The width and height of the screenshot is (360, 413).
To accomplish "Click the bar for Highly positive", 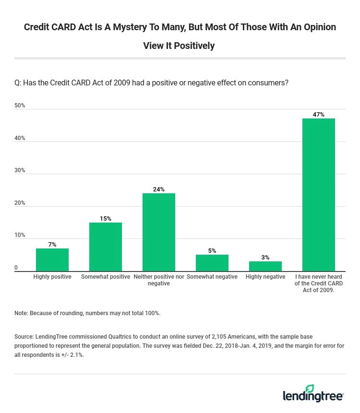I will point(52,260).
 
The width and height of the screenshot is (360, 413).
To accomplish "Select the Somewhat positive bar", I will point(106,247).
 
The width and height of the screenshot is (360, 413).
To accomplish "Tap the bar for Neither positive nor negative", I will point(159,232).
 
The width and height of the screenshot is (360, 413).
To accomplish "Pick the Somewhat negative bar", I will point(212,263).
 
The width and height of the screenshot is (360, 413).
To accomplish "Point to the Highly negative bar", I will point(265,266).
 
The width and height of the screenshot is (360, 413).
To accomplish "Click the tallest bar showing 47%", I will point(319,195).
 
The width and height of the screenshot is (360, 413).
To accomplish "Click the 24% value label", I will point(159,189).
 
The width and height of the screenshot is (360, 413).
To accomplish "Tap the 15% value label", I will point(106,219).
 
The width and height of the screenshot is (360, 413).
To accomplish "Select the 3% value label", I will point(265,258).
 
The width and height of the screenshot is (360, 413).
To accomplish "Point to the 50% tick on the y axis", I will point(20,106).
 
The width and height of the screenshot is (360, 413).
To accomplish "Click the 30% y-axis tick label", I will point(20,170).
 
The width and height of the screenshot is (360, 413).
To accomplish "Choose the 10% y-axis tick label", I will point(20,235).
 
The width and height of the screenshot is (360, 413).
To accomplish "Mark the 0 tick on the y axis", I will point(16,268).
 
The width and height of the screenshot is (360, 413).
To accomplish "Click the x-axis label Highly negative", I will point(265,277).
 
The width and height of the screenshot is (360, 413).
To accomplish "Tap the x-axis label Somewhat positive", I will point(106,277).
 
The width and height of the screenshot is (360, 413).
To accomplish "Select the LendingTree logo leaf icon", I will point(310,389).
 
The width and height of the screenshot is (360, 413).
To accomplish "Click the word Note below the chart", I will point(21,313).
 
